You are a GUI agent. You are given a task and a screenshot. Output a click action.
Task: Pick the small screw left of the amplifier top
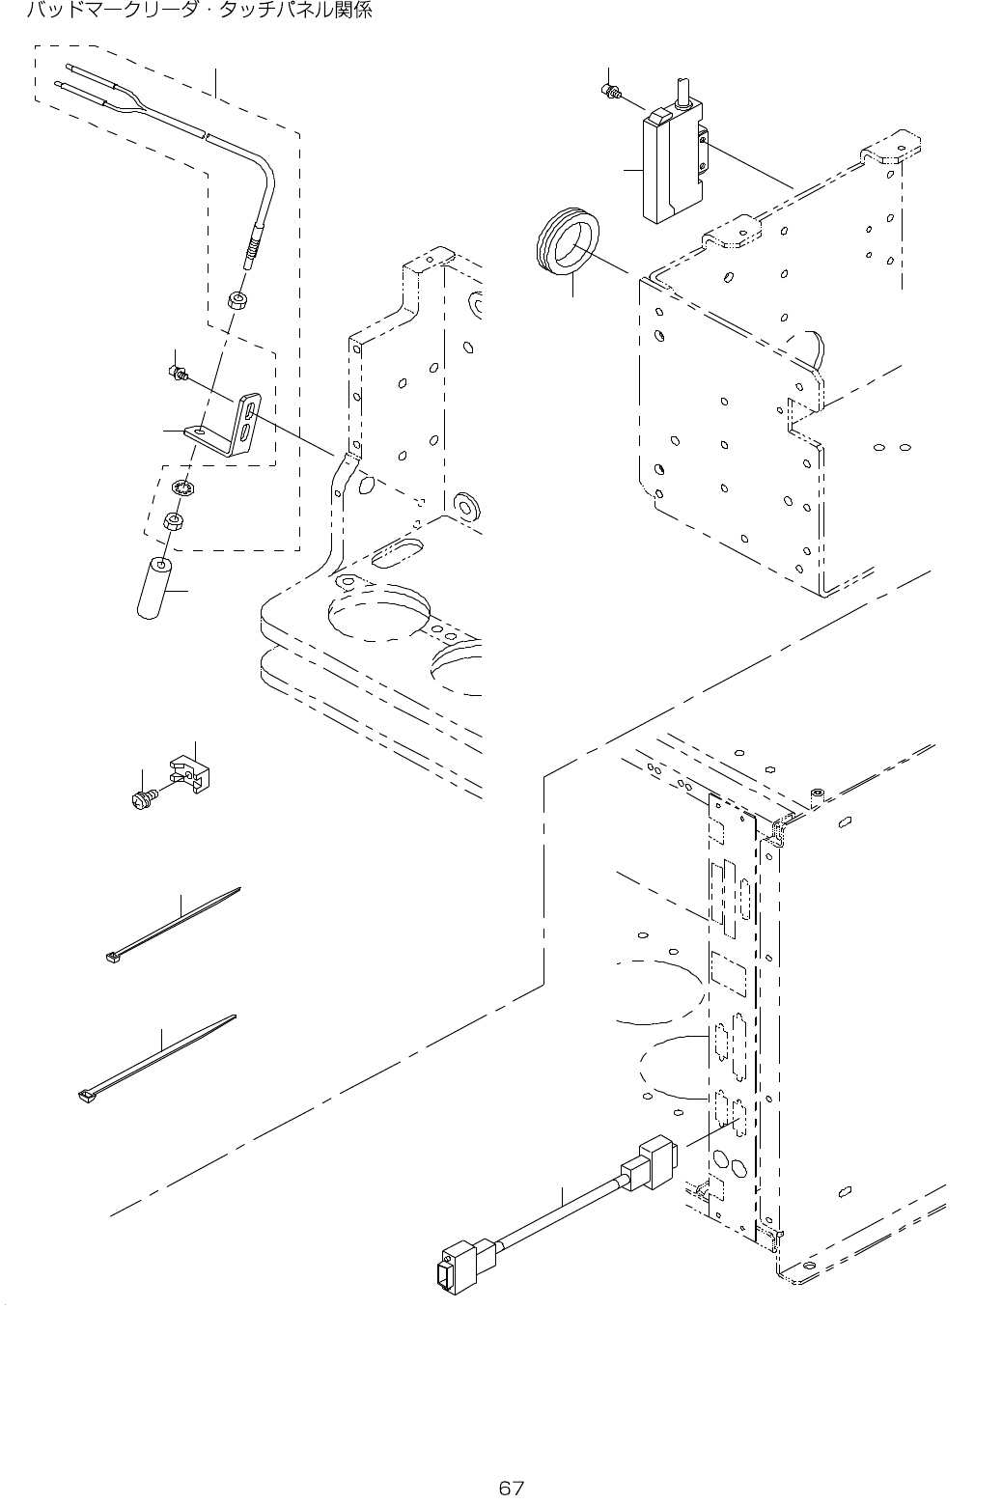610,92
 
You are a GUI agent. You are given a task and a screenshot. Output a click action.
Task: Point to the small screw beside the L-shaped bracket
177,371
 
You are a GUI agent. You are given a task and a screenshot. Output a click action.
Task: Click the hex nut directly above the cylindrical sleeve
174,521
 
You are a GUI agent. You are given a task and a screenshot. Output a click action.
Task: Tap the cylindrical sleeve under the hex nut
153,586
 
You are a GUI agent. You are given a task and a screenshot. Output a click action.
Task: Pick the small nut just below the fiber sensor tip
237,299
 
